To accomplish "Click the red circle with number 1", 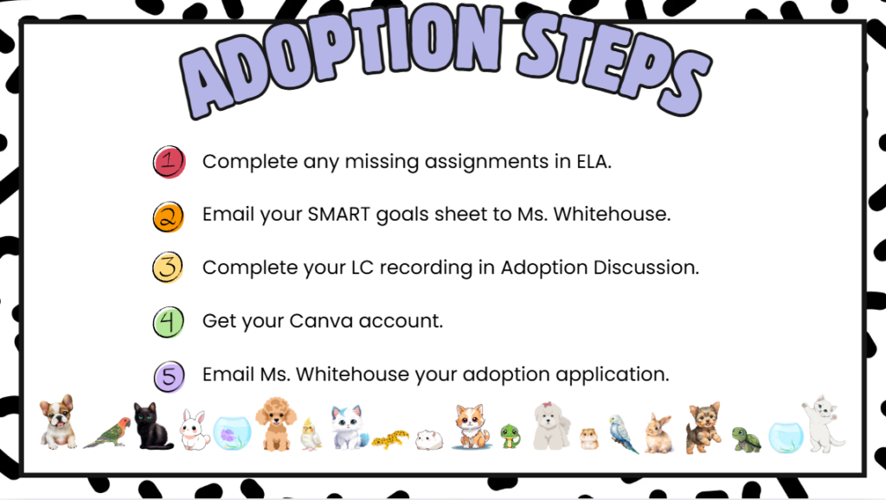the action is tap(169, 162).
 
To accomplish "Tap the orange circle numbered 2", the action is tap(169, 217).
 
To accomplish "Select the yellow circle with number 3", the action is tap(168, 267).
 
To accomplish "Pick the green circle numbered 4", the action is tap(169, 322).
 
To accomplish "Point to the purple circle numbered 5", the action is tap(169, 376).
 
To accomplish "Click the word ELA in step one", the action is tap(594, 162).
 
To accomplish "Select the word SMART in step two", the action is tap(339, 215).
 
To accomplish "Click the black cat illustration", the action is tap(151, 426).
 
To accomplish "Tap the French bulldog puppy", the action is tap(58, 422).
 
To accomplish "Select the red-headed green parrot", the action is tap(107, 433).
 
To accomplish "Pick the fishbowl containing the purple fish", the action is tap(232, 433).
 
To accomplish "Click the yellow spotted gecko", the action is tap(390, 439).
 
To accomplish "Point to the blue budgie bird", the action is tap(623, 434).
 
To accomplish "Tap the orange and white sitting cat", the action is tap(470, 426).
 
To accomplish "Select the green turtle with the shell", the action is tap(746, 439).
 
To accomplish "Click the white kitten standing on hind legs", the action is tap(823, 424).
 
